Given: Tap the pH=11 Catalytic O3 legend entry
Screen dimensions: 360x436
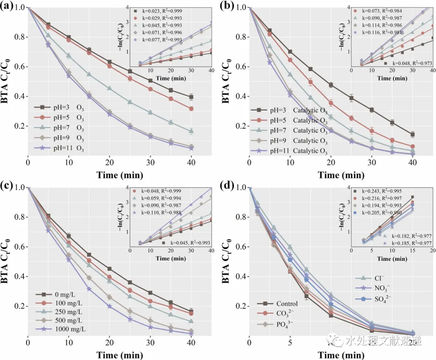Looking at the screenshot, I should tap(289, 151).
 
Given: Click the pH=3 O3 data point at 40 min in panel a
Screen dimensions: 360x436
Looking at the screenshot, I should tap(191, 97).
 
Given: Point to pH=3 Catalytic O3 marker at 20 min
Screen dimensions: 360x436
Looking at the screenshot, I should tap(331, 85).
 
